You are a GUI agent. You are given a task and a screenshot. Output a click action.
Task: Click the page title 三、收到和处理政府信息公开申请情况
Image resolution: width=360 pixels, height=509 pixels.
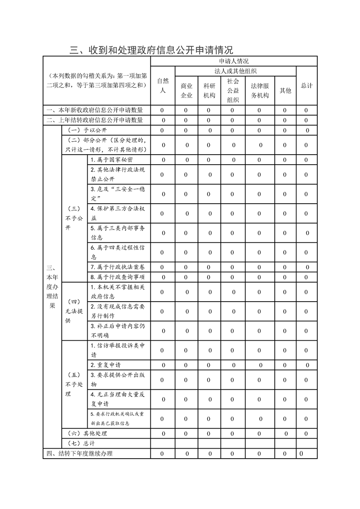pyautogui.click(x=151, y=49)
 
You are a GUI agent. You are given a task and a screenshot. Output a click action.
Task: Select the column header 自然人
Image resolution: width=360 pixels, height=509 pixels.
pyautogui.click(x=163, y=85)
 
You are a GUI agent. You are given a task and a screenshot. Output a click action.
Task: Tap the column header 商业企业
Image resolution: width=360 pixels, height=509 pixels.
pyautogui.click(x=187, y=90)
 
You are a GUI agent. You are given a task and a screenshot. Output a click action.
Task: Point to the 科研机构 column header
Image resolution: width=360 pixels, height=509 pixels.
pyautogui.click(x=209, y=90)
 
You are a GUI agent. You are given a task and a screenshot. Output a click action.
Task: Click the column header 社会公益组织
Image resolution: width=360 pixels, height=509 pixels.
pyautogui.click(x=233, y=90)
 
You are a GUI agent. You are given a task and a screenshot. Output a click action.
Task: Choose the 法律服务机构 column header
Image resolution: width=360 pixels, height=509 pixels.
pyautogui.click(x=260, y=90)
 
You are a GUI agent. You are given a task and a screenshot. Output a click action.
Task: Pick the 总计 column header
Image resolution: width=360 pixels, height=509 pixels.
pyautogui.click(x=306, y=85)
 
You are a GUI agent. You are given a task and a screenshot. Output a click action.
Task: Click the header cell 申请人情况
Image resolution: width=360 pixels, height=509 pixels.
pyautogui.click(x=234, y=61)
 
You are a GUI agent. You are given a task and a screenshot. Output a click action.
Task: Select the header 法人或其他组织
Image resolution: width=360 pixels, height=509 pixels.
pyautogui.click(x=236, y=71)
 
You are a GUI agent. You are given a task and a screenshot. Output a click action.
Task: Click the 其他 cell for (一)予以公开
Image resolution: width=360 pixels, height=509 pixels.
pyautogui.click(x=285, y=130)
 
